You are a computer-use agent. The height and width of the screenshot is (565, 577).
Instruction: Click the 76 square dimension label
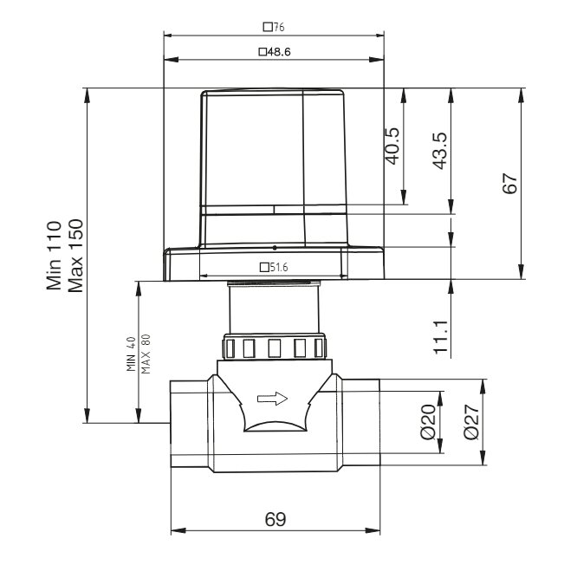pos(274,27)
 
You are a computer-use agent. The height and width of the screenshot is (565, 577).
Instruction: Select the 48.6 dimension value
pos(275,52)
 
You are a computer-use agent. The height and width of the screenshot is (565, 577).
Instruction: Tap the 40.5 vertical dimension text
pos(392,146)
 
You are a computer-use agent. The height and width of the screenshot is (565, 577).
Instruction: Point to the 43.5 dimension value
pos(440,151)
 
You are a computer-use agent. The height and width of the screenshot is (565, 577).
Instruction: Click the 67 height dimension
pos(510,183)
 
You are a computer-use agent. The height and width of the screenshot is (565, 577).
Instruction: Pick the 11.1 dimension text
pos(441,337)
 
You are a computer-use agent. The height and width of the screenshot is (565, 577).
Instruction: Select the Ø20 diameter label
pos(428,422)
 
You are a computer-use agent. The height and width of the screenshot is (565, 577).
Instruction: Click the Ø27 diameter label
pos(471,422)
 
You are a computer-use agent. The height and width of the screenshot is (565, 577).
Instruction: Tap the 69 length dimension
pos(276,519)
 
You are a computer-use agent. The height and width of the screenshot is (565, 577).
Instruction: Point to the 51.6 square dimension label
pos(274,267)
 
